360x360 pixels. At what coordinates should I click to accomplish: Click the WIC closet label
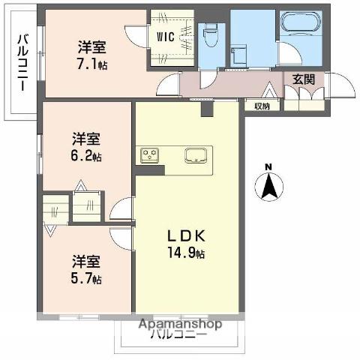point(166,35)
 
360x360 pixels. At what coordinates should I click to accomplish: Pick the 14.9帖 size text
point(187,253)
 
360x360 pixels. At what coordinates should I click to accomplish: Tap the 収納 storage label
point(262,106)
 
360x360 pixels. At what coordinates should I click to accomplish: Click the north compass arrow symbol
point(268,186)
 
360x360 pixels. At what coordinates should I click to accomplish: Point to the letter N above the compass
point(268,166)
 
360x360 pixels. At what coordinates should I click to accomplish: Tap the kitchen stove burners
point(148,156)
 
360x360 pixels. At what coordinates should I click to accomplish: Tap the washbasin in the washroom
point(240,54)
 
